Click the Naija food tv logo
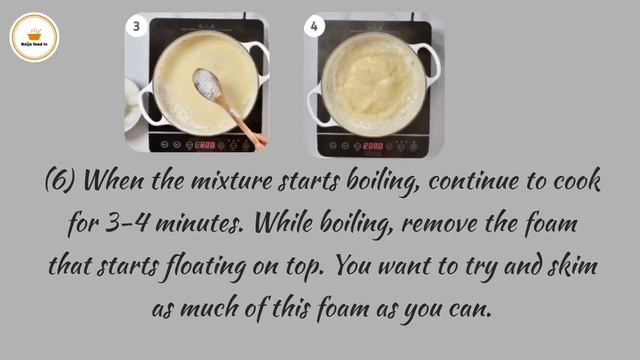coord(34,37)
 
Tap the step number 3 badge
coord(136,26)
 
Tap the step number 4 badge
coord(316,26)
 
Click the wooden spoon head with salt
coord(208,84)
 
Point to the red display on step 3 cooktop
coord(204,145)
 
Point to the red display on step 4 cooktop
coord(372,145)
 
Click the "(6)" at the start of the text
coord(61,181)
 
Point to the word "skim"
coord(567,265)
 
